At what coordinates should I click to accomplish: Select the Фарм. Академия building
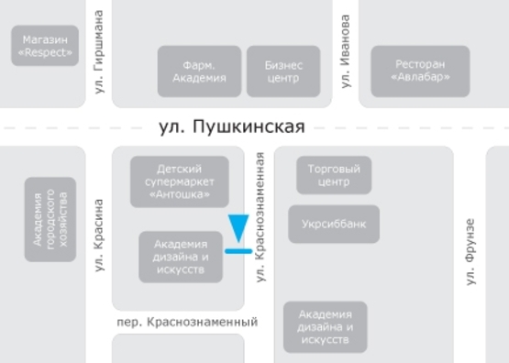click(x=199, y=71)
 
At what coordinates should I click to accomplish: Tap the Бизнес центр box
click(x=283, y=71)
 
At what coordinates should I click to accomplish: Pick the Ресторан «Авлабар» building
click(x=420, y=71)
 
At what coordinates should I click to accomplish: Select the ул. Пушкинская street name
click(x=230, y=126)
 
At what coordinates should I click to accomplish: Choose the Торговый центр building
click(x=334, y=174)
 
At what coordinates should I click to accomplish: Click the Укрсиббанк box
click(x=334, y=223)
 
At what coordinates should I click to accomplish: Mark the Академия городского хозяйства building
click(x=50, y=219)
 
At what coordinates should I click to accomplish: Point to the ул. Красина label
click(x=99, y=235)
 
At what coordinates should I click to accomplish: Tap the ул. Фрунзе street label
click(x=470, y=250)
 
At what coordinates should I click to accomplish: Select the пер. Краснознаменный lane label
click(x=187, y=322)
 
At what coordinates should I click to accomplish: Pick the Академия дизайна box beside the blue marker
click(x=181, y=257)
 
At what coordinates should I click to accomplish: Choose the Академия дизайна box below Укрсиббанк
click(x=326, y=326)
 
